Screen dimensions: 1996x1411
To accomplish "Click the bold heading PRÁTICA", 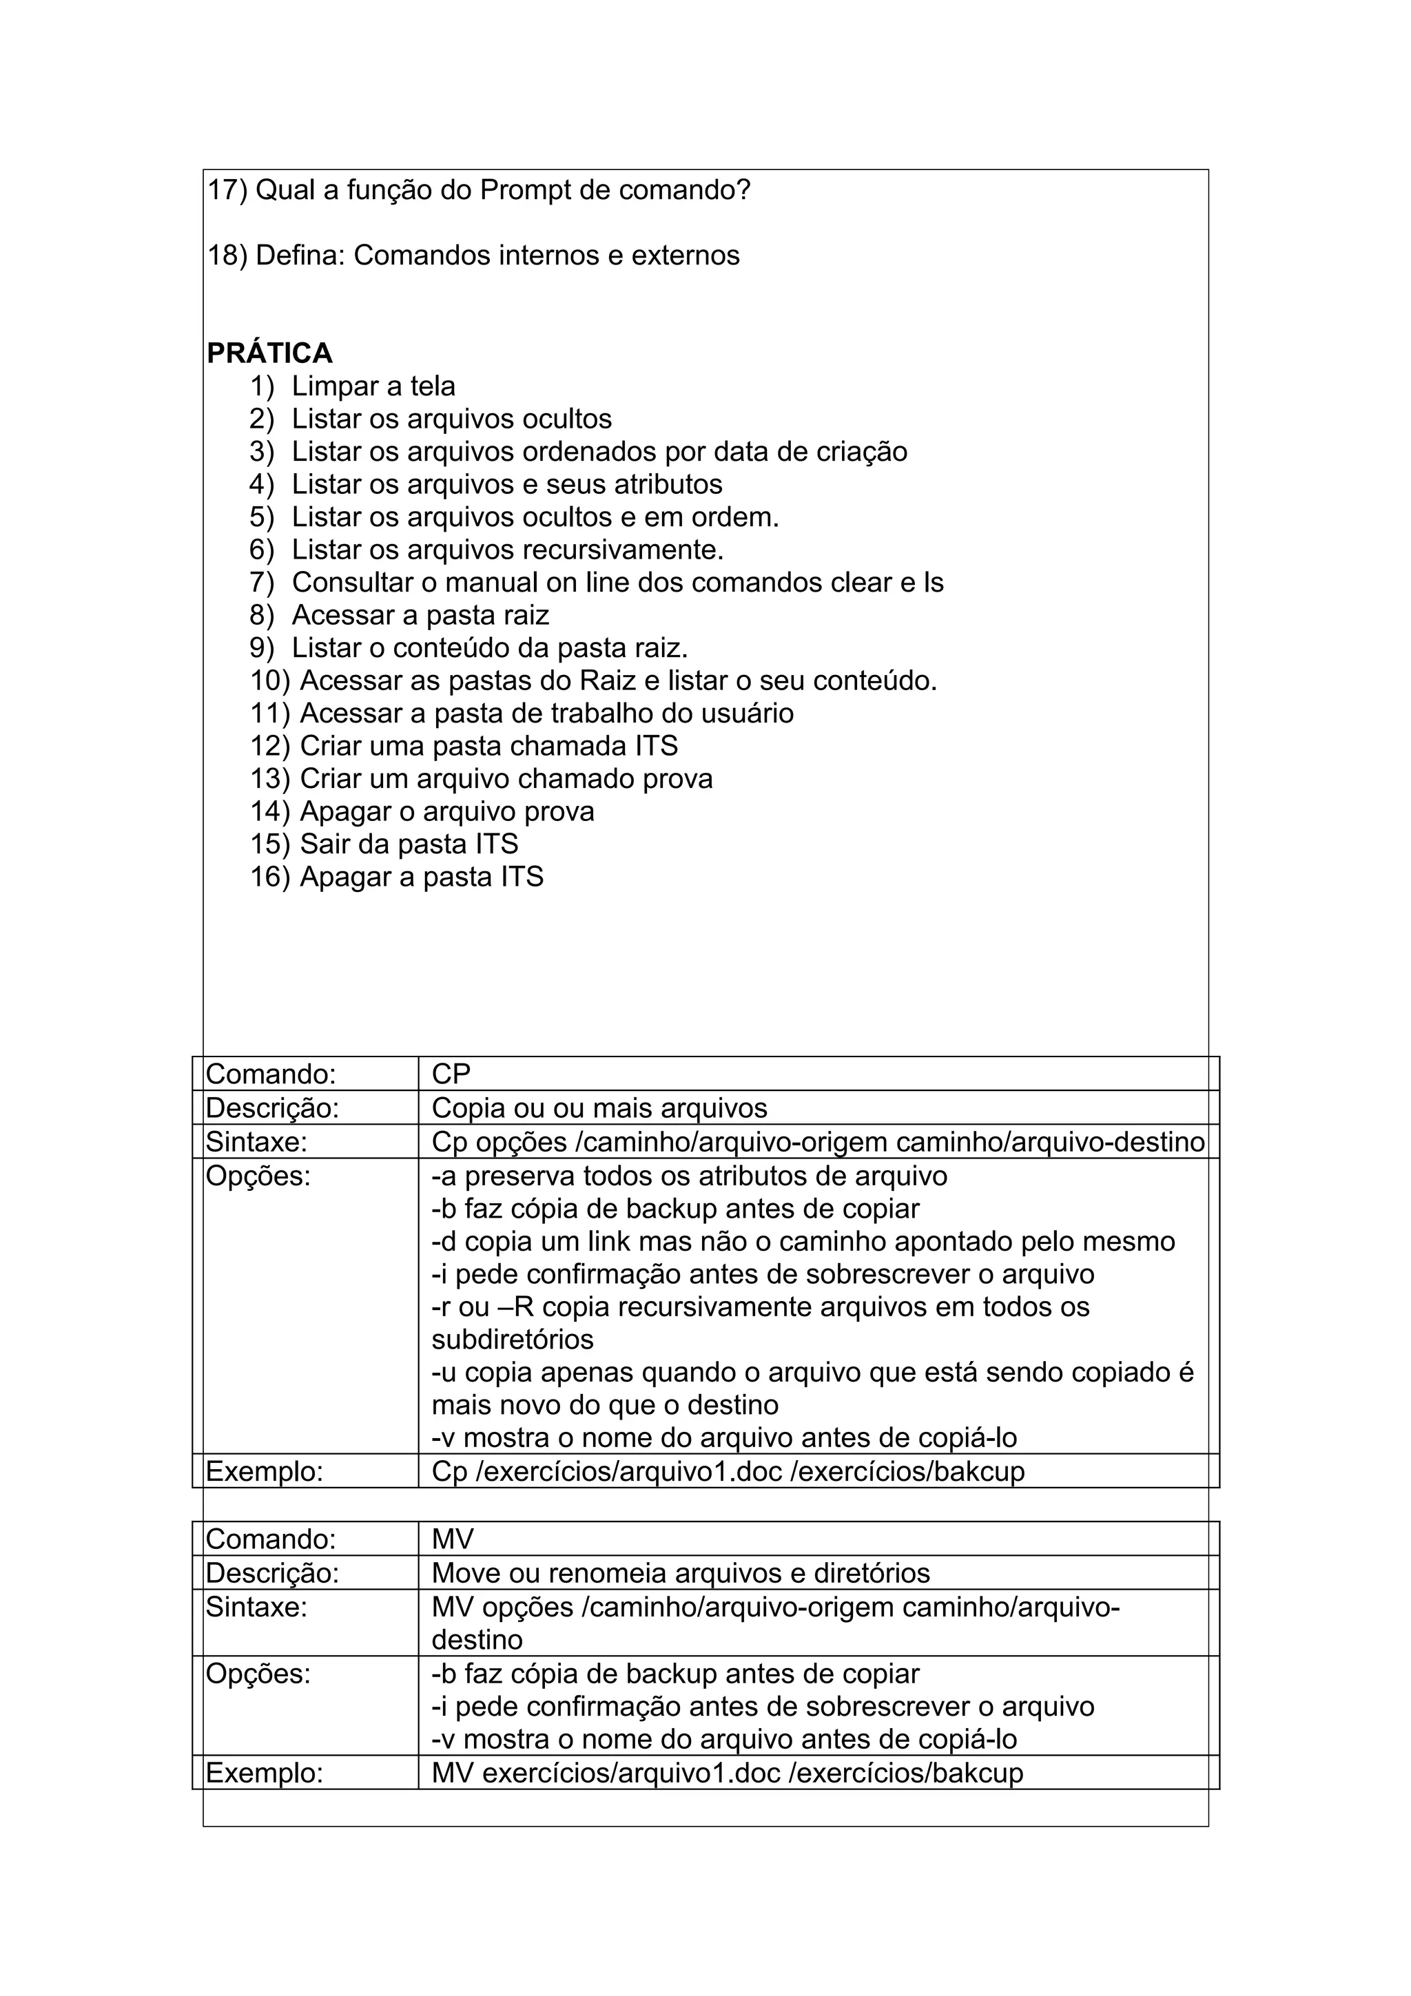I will tap(269, 353).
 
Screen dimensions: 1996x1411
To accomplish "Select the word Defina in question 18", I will tap(302, 256).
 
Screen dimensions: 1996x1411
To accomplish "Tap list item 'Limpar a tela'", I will tap(373, 386).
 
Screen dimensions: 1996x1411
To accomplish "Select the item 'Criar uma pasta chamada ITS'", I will tap(488, 746).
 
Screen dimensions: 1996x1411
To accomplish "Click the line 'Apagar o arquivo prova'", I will tap(447, 811).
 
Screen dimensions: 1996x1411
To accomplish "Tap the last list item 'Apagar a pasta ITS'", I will tap(421, 876).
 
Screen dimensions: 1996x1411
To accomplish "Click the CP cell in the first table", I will tap(451, 1074).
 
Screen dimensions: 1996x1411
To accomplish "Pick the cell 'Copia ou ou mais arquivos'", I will tap(599, 1108).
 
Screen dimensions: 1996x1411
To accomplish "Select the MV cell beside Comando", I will tap(452, 1539).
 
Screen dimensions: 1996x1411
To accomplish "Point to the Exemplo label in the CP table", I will tap(265, 1472).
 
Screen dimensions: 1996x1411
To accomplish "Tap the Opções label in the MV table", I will tap(258, 1674).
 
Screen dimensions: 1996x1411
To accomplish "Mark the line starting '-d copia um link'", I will tap(803, 1241).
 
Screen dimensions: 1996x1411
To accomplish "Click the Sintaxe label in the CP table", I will tap(256, 1141).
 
